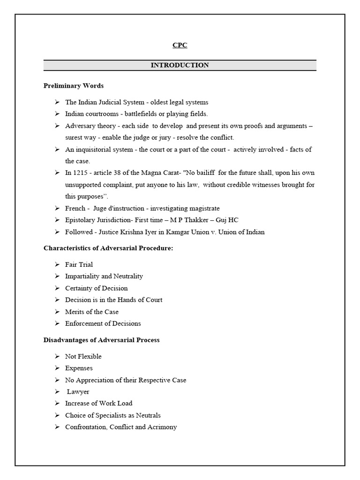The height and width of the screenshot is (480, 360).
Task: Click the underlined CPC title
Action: coord(180,45)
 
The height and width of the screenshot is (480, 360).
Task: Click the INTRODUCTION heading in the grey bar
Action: coord(180,65)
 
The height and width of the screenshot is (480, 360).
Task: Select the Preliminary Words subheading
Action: coord(74,86)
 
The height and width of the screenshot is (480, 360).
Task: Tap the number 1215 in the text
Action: coord(81,173)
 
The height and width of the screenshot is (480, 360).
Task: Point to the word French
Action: coord(75,208)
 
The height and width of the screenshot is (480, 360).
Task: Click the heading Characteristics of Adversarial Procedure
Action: coord(108,248)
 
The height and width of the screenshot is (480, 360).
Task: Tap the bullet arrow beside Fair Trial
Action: coord(56,264)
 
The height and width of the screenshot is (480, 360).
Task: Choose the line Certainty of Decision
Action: coord(96,288)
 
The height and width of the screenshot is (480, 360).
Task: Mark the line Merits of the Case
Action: coord(92,312)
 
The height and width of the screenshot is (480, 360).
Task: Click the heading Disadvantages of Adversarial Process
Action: coord(102,340)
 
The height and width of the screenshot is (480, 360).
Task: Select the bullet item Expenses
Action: coord(79,368)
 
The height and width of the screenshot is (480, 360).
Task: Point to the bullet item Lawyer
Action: coord(78,391)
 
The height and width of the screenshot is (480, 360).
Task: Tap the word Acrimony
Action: coord(162,427)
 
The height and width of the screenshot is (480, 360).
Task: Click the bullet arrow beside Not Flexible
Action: coord(56,356)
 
